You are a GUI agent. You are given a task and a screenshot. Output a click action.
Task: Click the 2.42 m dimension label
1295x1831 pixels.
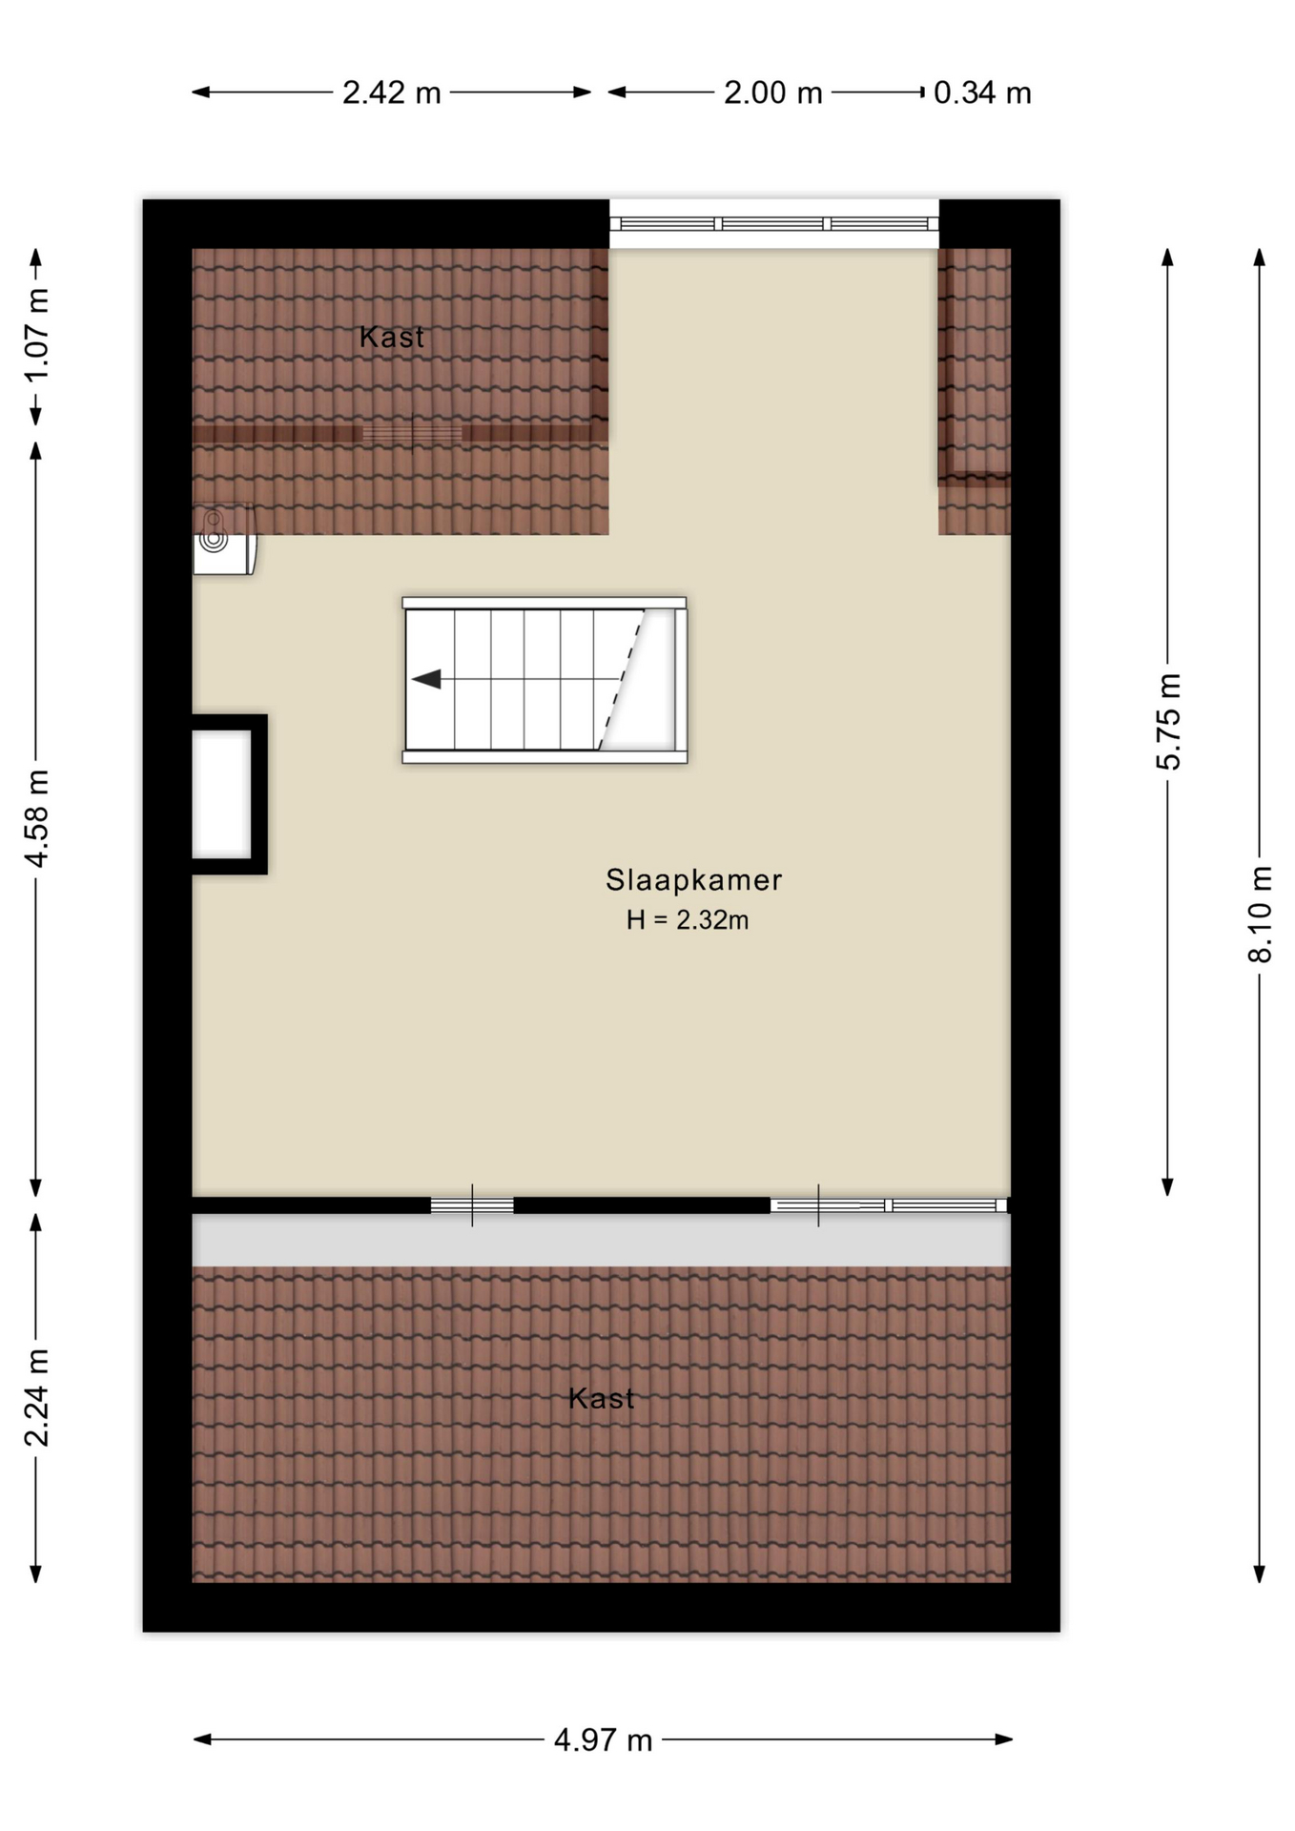391,93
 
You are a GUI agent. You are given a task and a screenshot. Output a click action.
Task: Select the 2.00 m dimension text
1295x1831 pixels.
772,93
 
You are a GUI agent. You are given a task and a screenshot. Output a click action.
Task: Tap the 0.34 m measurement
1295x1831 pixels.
982,93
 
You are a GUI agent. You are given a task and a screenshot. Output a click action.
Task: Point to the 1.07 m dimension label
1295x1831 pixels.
36,335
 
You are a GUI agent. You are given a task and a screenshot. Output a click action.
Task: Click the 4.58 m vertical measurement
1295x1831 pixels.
36,818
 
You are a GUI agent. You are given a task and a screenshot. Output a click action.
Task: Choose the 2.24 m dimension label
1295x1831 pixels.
36,1398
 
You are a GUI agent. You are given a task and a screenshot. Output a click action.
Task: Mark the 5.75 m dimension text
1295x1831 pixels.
1168,721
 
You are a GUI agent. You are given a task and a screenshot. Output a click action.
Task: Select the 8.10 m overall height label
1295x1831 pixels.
1260,914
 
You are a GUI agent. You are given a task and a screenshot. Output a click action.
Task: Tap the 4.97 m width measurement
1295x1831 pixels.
603,1739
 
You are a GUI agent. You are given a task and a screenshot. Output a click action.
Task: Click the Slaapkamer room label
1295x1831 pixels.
693,879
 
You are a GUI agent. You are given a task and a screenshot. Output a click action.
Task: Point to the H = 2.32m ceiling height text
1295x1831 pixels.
687,920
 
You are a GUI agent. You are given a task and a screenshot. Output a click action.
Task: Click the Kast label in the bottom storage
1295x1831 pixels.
601,1398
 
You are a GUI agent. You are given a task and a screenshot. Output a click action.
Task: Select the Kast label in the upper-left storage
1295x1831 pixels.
391,337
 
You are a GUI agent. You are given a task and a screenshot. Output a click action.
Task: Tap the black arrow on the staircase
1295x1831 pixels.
426,679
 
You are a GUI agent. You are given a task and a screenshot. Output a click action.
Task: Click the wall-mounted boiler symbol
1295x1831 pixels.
223,540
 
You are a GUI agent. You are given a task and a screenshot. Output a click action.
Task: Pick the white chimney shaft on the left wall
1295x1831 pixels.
222,793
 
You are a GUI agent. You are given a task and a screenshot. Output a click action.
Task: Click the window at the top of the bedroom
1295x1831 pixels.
773,224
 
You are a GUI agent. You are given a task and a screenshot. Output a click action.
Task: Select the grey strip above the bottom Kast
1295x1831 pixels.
601,1240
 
